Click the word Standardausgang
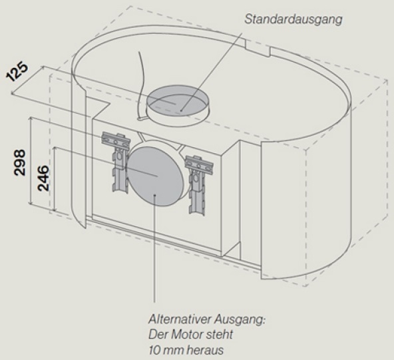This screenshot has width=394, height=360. coord(294,19)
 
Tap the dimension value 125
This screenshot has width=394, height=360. coord(17,71)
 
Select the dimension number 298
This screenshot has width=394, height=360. coord(20,162)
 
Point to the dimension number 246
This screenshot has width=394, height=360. coord(43,178)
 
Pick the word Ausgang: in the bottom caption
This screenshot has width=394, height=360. coord(240,320)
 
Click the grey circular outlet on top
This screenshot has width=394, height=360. coord(178,102)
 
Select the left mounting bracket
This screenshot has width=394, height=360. coord(116,161)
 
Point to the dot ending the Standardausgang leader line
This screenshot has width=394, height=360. coord(181,110)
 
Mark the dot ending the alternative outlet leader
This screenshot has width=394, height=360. coord(155,195)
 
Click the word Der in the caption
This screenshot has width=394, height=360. coord(158,335)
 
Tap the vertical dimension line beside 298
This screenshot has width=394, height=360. coord(31,160)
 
